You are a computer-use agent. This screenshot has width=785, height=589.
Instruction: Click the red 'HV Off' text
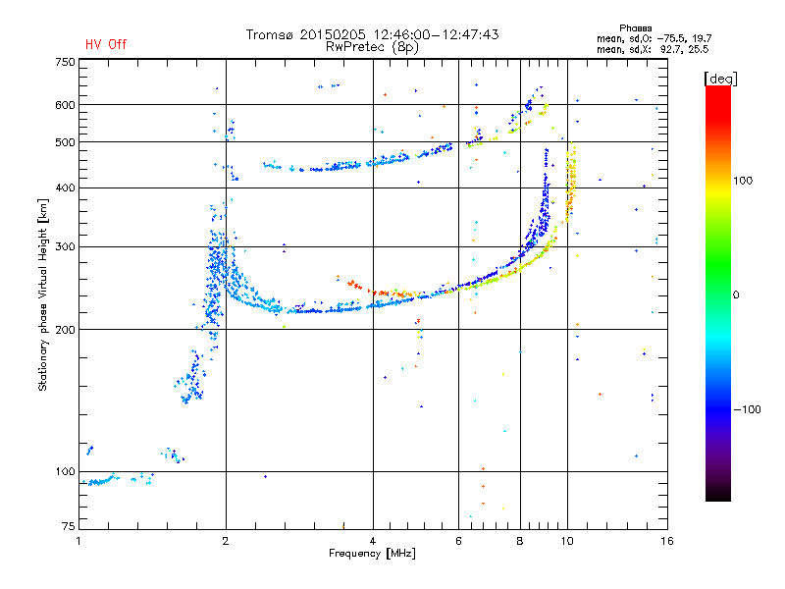[106, 44]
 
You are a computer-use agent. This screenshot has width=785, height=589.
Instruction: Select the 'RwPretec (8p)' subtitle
[372, 47]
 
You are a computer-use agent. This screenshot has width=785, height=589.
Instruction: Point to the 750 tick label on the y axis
[65, 62]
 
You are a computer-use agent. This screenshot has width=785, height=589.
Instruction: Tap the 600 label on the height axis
[65, 105]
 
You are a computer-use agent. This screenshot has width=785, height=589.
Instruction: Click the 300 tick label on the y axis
[65, 246]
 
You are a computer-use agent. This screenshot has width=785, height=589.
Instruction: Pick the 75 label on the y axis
[69, 526]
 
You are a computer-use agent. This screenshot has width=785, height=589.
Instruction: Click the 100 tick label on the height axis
[65, 471]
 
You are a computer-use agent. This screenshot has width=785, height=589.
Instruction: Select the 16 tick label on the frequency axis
[667, 541]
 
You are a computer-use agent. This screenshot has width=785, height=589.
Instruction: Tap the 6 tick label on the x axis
[458, 541]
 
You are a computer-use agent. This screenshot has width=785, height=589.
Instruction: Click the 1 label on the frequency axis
[78, 541]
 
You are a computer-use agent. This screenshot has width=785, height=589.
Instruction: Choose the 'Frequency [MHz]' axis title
[372, 554]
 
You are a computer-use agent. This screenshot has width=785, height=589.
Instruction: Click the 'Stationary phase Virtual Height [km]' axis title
[43, 294]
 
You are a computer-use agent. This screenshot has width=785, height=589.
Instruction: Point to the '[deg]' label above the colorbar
[720, 79]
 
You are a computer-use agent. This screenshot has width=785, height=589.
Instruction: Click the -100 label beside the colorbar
[748, 409]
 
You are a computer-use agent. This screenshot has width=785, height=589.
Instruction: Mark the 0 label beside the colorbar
[736, 294]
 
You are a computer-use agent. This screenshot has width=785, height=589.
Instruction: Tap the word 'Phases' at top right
[635, 28]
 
